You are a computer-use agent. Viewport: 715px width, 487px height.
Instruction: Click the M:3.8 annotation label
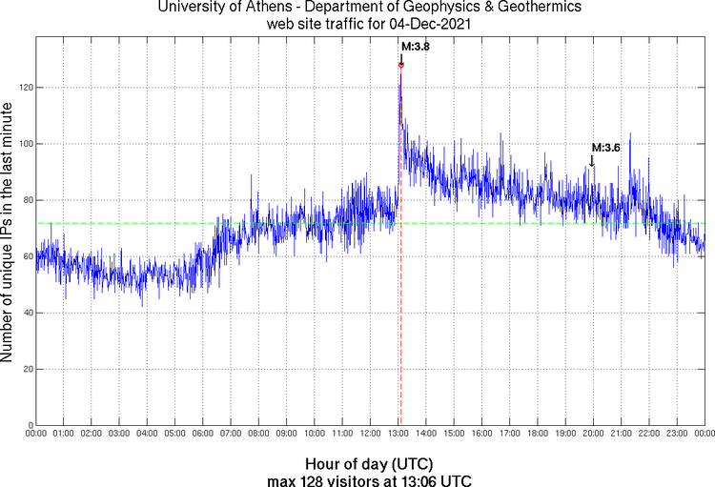point(415,45)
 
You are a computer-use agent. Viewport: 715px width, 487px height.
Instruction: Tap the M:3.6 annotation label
point(606,148)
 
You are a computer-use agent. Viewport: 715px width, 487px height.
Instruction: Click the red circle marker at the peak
point(401,65)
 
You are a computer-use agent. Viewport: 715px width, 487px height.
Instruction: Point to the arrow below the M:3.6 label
point(592,161)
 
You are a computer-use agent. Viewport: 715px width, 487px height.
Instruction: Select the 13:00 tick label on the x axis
point(398,435)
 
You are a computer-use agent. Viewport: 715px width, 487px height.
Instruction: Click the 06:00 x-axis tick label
point(203,435)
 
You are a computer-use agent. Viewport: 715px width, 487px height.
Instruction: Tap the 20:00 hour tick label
point(593,435)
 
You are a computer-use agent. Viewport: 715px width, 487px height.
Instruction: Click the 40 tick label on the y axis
point(25,313)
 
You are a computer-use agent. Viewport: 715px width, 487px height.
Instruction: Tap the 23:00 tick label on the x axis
point(676,435)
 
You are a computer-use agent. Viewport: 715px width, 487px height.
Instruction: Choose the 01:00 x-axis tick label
point(64,435)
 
